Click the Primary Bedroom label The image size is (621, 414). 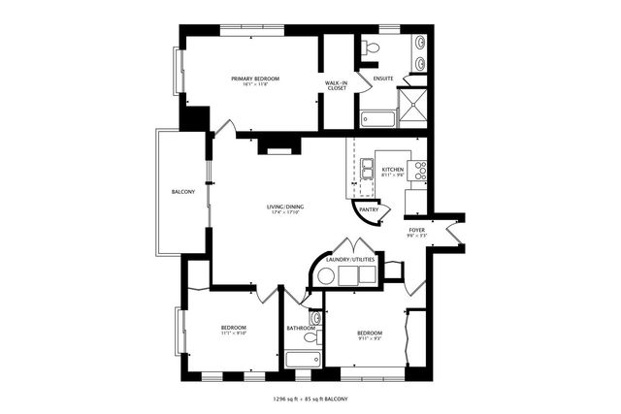pos(255,78)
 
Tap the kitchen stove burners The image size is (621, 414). pos(421,172)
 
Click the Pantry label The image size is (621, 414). pos(369,209)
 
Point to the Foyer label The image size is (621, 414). pos(416,230)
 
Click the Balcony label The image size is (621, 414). pos(183,192)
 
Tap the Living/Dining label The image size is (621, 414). pos(285,206)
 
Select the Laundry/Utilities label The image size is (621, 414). pos(351,259)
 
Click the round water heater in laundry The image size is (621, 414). pos(327,276)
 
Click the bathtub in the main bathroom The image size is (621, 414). pos(302,359)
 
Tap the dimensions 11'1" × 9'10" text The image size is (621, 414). pos(233,334)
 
